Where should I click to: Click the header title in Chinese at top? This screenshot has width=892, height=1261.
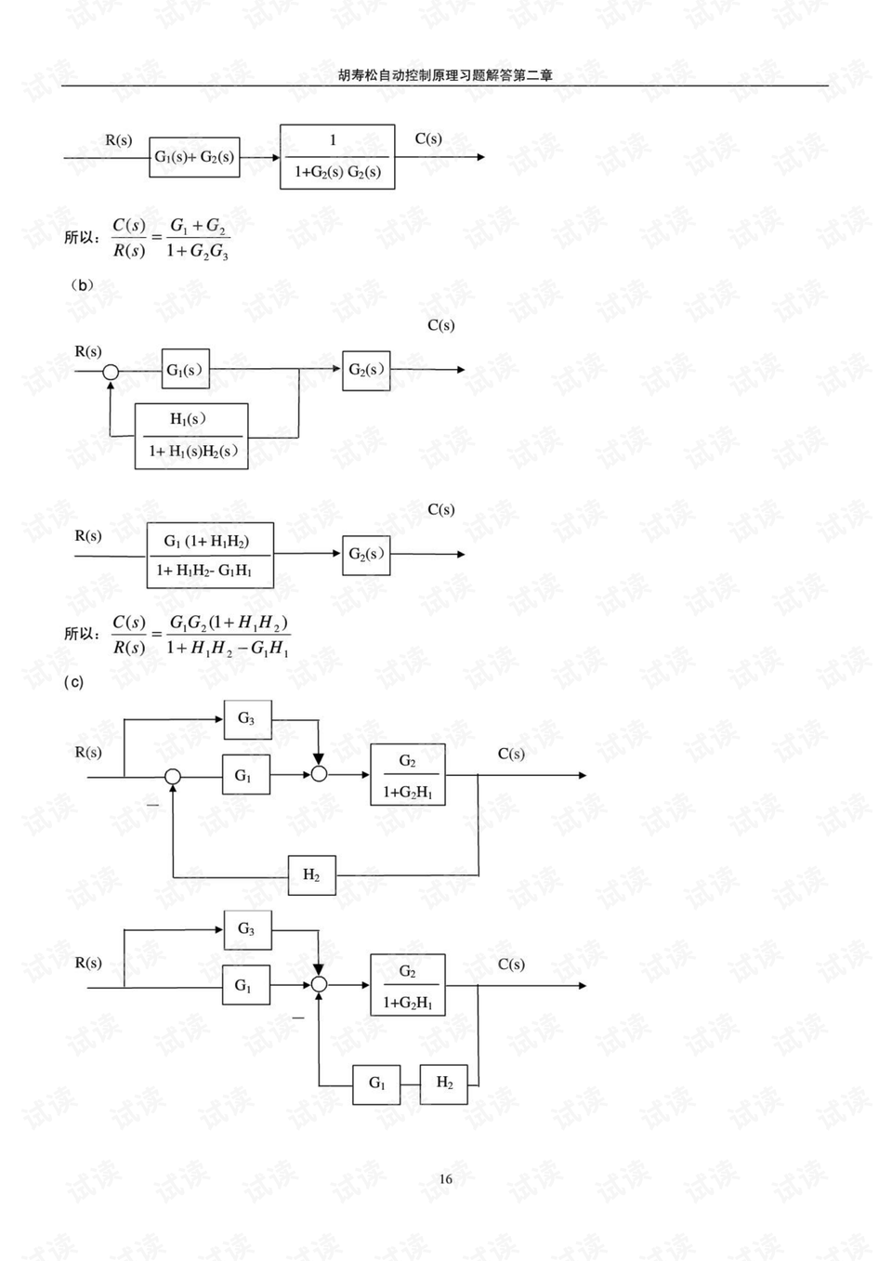445,75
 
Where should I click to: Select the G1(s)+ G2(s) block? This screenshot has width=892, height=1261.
194,157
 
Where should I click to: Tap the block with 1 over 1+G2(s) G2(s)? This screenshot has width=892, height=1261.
337,157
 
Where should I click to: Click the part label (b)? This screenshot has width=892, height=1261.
82,285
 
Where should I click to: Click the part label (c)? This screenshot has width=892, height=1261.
73,682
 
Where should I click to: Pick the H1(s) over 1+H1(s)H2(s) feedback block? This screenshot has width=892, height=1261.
191,436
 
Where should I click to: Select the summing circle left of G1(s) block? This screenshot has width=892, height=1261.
111,372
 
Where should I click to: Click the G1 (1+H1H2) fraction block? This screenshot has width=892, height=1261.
211,556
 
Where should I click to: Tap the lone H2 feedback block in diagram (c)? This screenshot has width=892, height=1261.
312,874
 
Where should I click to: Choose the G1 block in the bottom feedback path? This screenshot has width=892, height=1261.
376,1084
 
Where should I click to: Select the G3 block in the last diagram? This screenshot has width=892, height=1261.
247,929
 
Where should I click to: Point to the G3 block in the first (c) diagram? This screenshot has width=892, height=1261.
247,719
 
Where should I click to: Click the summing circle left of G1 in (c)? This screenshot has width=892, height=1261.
173,776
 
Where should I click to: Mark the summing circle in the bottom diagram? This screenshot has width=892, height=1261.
319,984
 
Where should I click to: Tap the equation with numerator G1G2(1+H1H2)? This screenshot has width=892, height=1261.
201,636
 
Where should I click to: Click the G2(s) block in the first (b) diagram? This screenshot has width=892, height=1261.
366,371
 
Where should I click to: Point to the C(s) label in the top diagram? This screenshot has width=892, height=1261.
428,138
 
